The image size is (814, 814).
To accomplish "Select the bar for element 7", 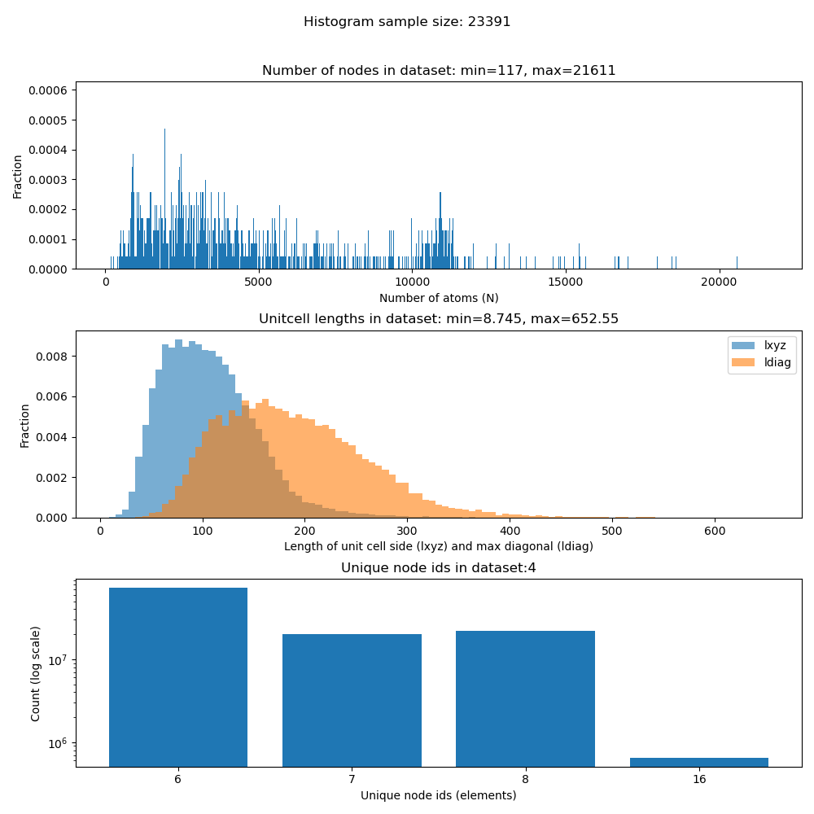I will (352, 700).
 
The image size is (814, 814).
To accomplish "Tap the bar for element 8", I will (525, 698).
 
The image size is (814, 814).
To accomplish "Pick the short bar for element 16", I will (698, 762).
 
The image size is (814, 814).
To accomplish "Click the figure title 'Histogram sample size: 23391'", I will (407, 22).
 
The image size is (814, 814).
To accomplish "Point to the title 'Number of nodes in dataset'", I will (438, 71).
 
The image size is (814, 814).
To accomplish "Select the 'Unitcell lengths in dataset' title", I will (438, 319).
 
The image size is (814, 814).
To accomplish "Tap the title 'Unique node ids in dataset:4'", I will (438, 567).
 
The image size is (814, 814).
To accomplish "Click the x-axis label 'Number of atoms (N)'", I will (438, 298).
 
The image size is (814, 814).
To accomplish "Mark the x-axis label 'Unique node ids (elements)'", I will (438, 795).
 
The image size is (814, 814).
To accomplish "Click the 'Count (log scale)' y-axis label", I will (36, 673).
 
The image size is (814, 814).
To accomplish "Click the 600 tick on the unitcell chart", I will (714, 530).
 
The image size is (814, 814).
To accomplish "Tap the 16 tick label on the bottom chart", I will (698, 779).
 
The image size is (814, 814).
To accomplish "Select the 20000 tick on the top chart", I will (719, 282).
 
